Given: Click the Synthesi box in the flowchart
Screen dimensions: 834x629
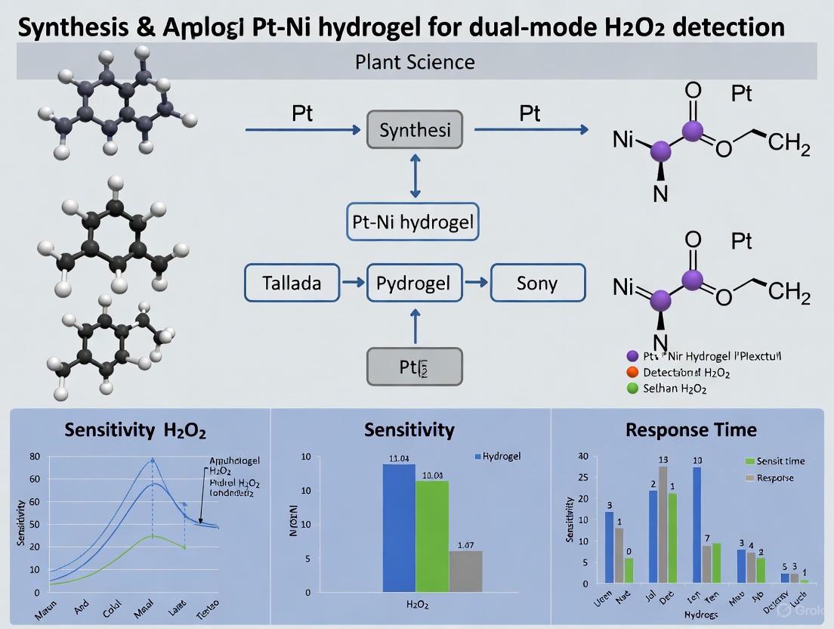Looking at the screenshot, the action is coord(415,130).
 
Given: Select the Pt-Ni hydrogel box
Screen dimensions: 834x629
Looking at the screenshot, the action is coord(413,222).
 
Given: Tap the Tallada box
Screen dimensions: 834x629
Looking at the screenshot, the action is coord(292,284).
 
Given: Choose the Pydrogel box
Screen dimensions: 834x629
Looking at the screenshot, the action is coord(413,284).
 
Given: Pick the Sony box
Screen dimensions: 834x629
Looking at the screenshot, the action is coord(537,284).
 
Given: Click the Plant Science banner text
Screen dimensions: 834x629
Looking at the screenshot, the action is coord(415,61).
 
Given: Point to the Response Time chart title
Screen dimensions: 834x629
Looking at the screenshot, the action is coord(690,430).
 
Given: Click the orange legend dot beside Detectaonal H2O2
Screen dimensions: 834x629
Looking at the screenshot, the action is coord(633,372).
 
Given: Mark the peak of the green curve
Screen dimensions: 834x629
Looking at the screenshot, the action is coord(153,536).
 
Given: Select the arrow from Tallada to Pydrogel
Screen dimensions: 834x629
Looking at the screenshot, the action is coord(352,284).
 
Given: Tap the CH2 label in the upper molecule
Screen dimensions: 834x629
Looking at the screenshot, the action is coord(789,143).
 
